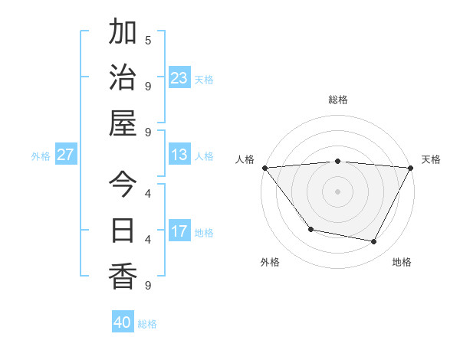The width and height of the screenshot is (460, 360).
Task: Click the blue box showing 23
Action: click(x=179, y=77)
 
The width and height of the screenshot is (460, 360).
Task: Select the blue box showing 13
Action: click(x=179, y=155)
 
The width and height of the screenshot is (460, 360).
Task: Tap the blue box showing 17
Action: click(x=179, y=231)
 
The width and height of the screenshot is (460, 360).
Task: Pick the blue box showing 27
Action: click(x=66, y=155)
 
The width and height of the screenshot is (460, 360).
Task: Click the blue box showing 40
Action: click(x=123, y=322)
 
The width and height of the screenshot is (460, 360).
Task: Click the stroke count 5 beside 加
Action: click(x=148, y=40)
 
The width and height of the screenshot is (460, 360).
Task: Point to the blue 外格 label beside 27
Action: click(x=41, y=155)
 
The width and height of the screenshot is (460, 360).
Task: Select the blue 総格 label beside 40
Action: click(x=147, y=323)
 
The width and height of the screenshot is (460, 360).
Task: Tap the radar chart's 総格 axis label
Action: click(x=337, y=100)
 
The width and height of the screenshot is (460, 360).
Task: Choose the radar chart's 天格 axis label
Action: click(x=431, y=159)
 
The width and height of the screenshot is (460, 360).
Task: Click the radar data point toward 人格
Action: click(x=264, y=168)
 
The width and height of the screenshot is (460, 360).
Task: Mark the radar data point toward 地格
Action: click(x=374, y=242)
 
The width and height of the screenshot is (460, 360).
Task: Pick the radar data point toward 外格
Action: click(x=310, y=229)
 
